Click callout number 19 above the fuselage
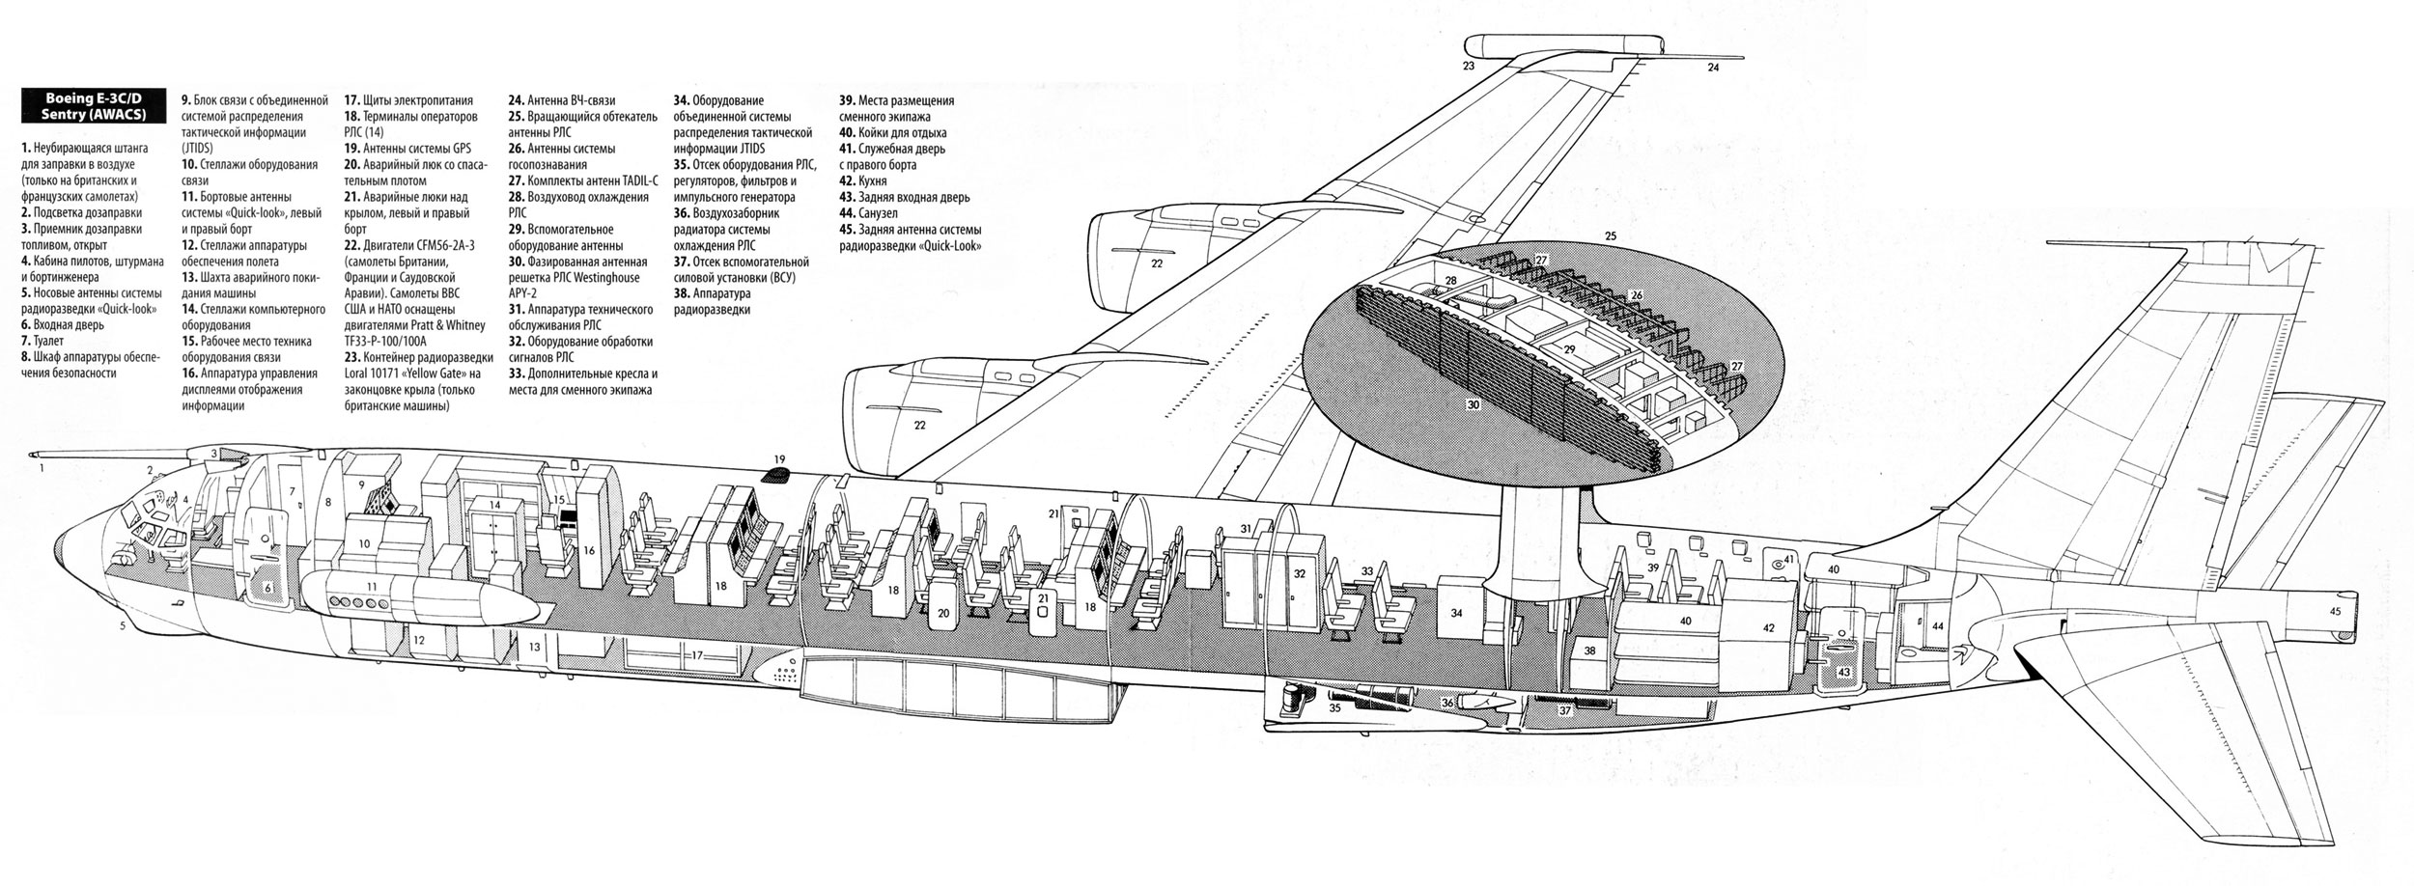(779, 458)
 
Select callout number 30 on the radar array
(1473, 406)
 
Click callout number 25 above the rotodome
(1610, 235)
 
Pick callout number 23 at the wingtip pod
(1469, 67)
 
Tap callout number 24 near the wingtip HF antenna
(1713, 68)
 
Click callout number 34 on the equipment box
(1456, 613)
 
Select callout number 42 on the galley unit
(1769, 628)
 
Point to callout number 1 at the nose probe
(42, 467)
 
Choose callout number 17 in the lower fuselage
(696, 655)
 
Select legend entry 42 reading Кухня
(863, 180)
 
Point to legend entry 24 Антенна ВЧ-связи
(562, 100)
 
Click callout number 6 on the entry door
(269, 587)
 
